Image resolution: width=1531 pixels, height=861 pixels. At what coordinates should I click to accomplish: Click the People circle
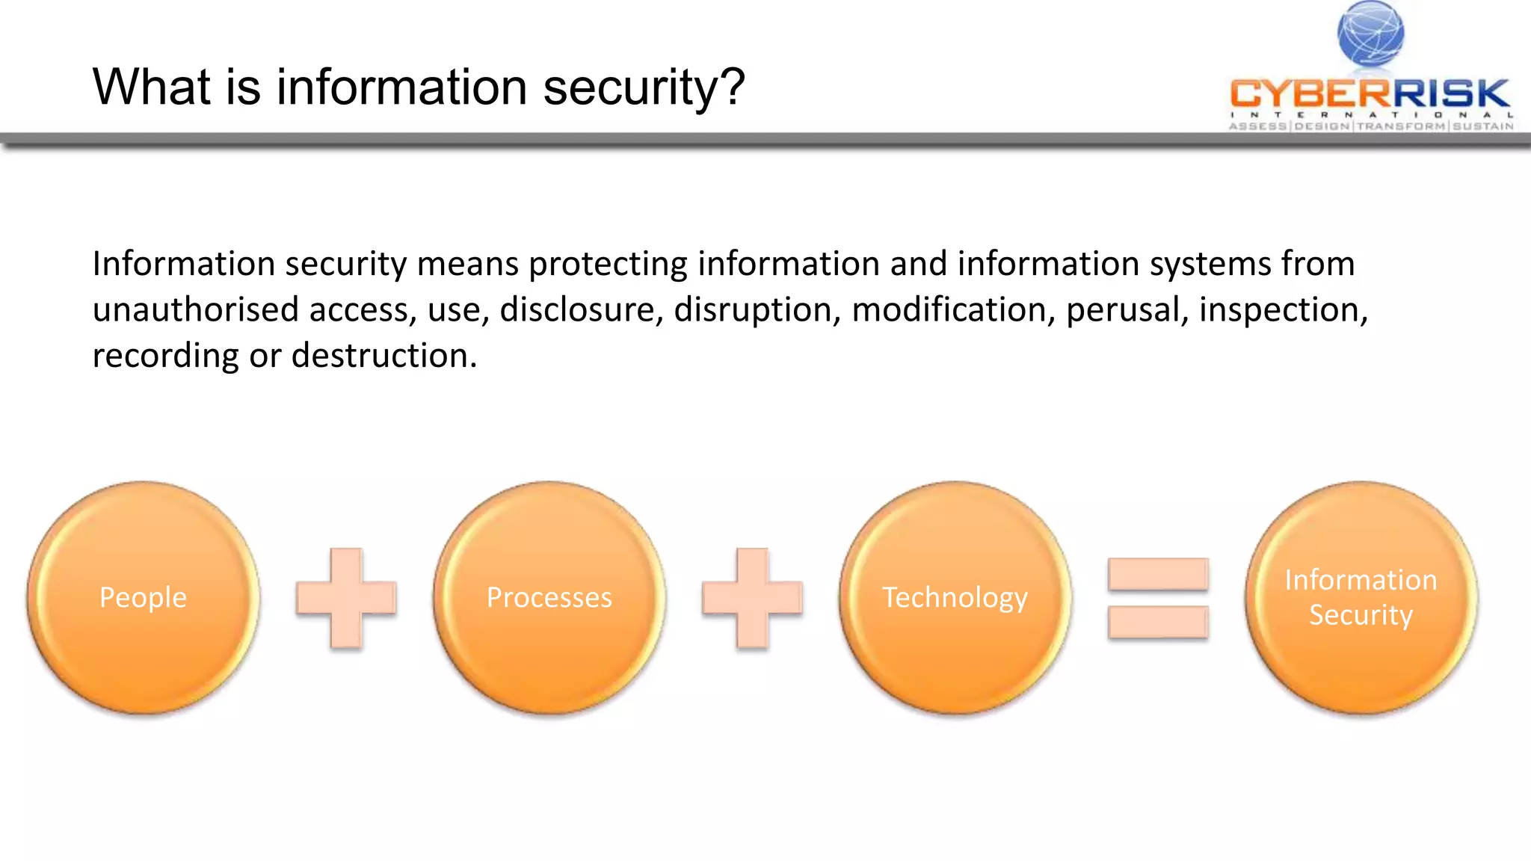143,597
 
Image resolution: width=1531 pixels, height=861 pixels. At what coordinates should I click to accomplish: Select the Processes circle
549,597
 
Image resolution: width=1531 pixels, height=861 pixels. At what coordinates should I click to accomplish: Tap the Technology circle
955,597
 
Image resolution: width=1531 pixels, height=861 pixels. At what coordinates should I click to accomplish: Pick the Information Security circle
1361,597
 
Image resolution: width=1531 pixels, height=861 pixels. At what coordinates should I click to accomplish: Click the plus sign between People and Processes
346,598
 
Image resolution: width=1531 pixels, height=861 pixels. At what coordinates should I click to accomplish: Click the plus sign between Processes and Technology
752,598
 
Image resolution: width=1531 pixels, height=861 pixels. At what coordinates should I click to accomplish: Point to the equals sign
1158,598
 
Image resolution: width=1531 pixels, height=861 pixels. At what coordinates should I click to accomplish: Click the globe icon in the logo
1370,34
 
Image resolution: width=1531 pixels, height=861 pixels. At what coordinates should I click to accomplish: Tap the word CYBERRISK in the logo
1370,93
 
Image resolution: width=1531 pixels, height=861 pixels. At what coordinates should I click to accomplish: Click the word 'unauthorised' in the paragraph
195,309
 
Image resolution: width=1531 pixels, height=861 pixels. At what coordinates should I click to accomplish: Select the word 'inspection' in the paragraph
1283,309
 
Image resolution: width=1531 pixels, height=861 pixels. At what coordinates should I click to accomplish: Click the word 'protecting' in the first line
608,265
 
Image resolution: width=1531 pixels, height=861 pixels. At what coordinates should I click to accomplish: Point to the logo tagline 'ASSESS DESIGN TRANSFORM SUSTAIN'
1371,126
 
